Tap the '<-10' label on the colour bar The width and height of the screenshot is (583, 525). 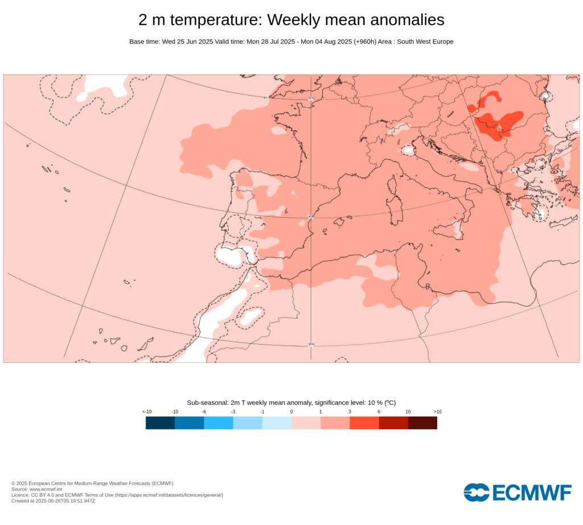pyautogui.click(x=146, y=412)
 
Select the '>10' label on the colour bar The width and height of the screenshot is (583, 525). pyautogui.click(x=437, y=412)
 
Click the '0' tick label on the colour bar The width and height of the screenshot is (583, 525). pyautogui.click(x=291, y=412)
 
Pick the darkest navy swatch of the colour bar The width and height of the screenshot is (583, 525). pyautogui.click(x=160, y=423)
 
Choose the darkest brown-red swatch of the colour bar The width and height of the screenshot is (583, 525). pyautogui.click(x=422, y=423)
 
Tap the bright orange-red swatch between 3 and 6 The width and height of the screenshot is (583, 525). pyautogui.click(x=364, y=423)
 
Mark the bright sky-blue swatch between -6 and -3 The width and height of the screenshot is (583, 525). pyautogui.click(x=219, y=423)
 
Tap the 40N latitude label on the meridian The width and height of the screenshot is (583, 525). pyautogui.click(x=311, y=217)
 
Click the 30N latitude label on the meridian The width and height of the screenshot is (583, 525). pyautogui.click(x=311, y=344)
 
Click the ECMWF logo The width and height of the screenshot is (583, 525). pyautogui.click(x=517, y=493)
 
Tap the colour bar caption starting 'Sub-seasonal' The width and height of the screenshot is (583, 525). pyautogui.click(x=291, y=403)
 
